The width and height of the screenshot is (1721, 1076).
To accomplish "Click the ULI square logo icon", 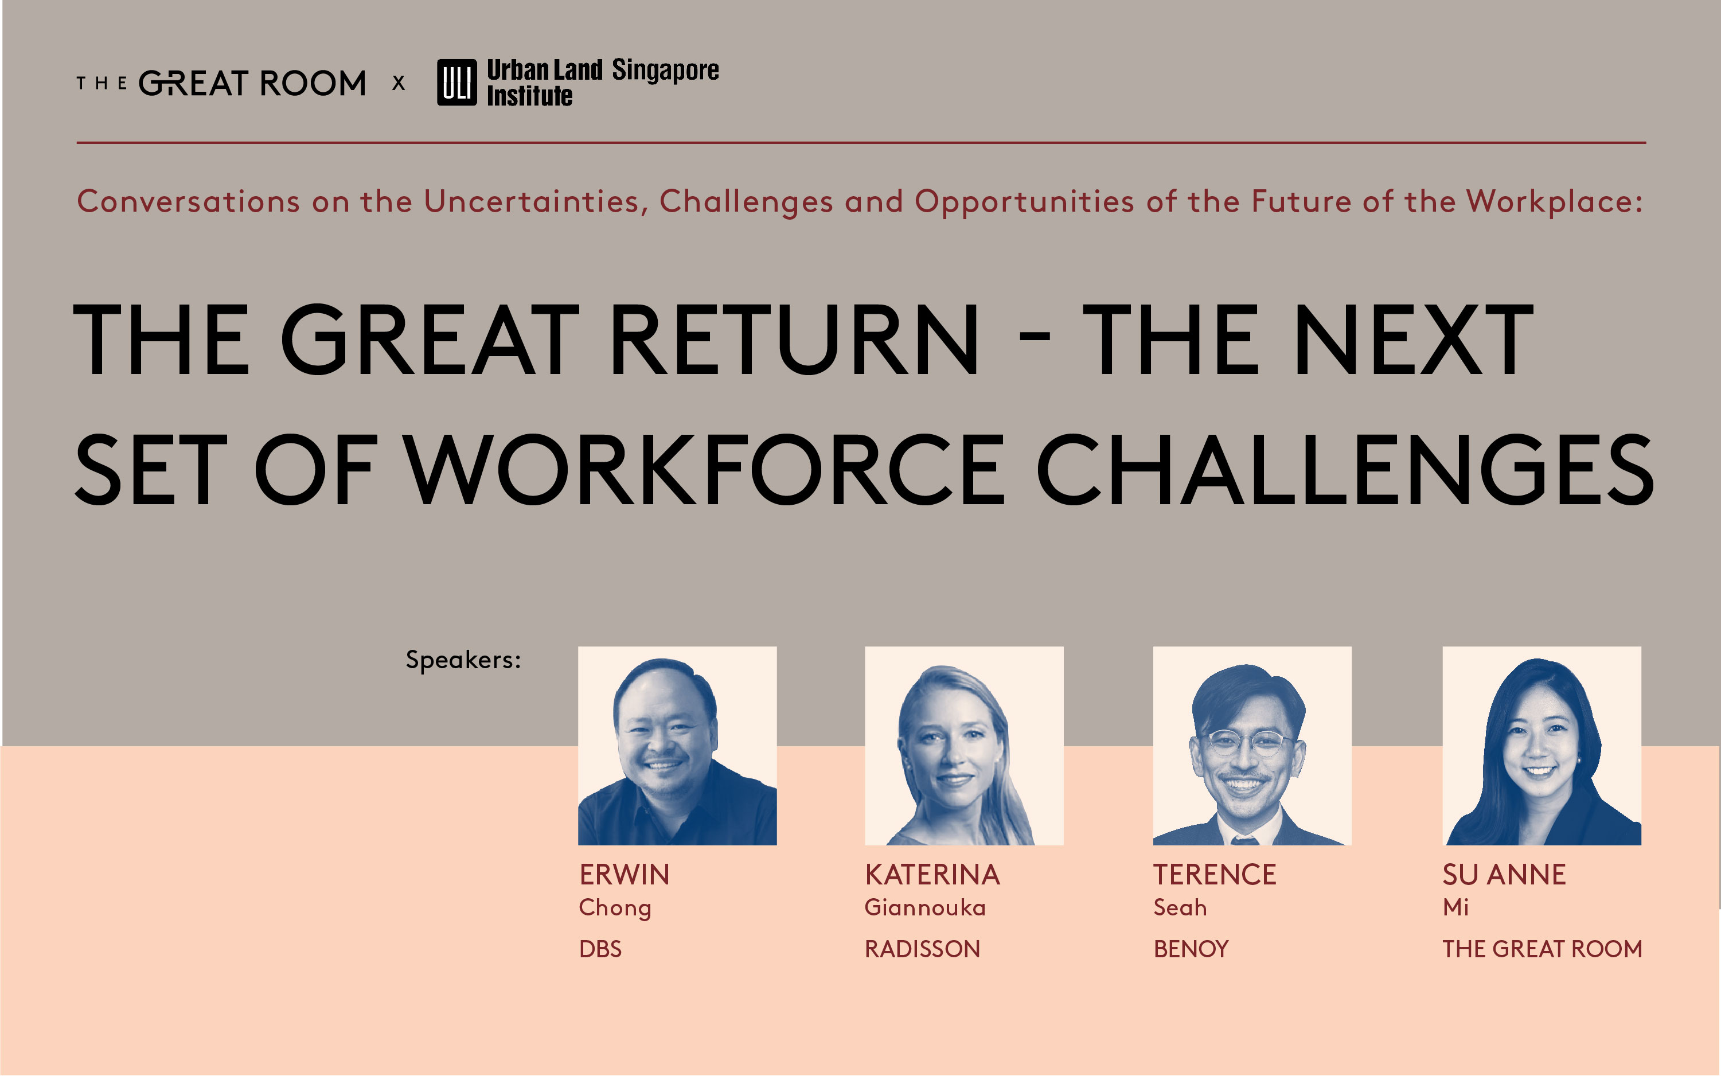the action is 456,83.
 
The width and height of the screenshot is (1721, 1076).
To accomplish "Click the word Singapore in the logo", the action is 665,71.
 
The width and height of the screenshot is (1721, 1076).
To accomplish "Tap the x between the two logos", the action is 399,83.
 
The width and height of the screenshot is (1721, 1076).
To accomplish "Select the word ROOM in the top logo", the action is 313,83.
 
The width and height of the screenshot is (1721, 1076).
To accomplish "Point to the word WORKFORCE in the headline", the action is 704,470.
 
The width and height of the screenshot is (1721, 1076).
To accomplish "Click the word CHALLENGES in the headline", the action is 1345,470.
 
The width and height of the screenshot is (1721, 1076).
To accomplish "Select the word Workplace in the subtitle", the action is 1555,202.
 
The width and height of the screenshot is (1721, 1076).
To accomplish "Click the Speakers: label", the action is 463,660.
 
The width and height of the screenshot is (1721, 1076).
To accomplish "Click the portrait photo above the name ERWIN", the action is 677,746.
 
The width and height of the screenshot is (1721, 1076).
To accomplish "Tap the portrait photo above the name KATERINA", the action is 964,746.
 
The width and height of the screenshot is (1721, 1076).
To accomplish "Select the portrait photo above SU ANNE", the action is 1542,746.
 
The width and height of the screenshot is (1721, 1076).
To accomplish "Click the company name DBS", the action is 600,949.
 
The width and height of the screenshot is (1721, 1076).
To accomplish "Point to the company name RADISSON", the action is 922,949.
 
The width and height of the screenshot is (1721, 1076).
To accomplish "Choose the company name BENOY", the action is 1191,949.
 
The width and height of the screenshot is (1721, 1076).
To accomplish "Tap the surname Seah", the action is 1180,907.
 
